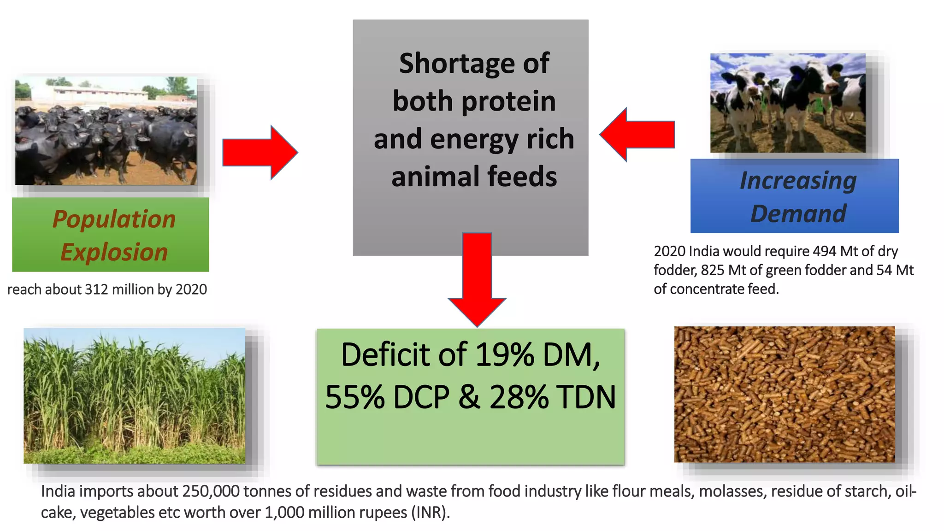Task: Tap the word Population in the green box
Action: [114, 219]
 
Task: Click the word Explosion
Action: [114, 252]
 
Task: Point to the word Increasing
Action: [798, 180]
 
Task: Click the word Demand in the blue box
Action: [798, 213]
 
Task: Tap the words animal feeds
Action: [474, 177]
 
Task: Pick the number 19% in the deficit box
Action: [505, 355]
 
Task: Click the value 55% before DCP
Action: [355, 397]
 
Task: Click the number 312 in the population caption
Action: [97, 289]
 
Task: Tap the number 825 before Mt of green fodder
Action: [713, 270]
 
